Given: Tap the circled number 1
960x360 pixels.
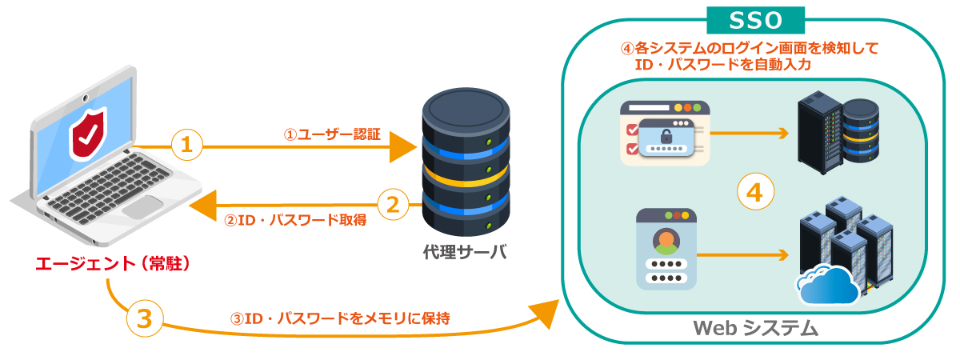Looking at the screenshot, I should coord(187,145).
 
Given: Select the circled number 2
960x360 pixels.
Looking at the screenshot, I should coord(392,205).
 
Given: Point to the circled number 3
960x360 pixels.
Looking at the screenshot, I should coord(144,318).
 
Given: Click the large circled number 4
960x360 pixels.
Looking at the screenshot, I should coord(755,191).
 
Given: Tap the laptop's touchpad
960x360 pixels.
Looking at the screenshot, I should coord(145,206).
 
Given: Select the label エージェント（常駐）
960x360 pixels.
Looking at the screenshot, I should coord(112,263).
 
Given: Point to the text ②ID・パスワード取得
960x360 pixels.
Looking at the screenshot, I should coord(295,219).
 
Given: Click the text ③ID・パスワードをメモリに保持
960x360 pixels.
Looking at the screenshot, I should coord(340,318).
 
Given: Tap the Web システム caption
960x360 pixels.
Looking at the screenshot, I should coord(755,327).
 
